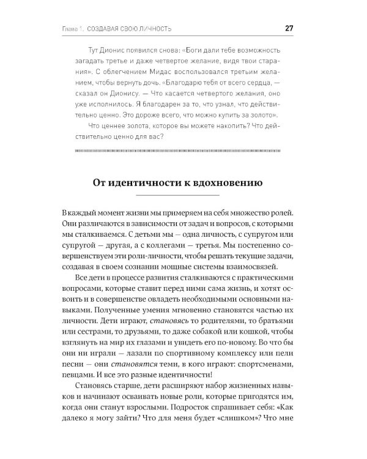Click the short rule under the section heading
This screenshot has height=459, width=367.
click(183, 196)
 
